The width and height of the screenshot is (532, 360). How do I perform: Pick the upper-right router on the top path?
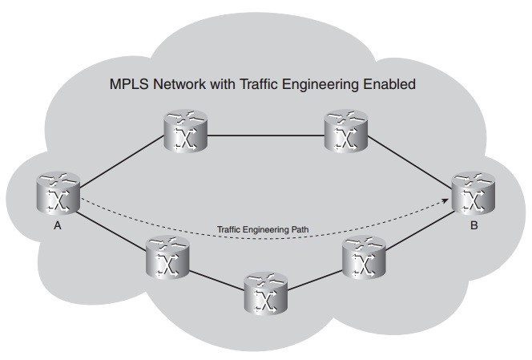click(346, 132)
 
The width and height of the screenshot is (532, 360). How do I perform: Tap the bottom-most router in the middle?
click(262, 293)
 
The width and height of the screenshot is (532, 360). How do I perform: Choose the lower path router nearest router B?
click(364, 257)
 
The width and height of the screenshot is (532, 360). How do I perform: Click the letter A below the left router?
click(58, 227)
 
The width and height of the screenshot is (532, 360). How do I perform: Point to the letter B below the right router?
click(474, 227)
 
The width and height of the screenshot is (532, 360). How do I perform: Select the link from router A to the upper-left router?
click(120, 160)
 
